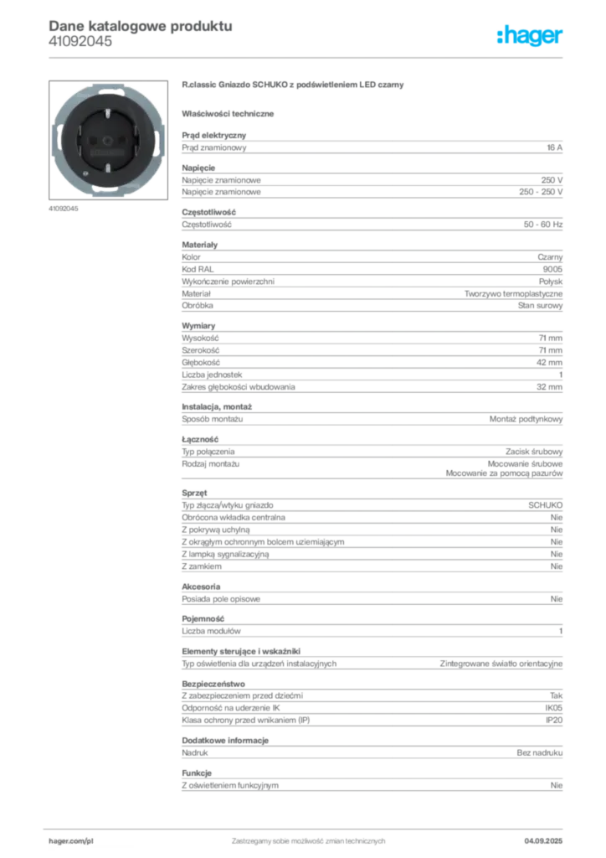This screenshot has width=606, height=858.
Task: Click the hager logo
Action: (x=529, y=36)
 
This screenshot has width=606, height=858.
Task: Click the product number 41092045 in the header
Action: (x=80, y=41)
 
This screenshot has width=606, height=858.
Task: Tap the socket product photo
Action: (x=108, y=140)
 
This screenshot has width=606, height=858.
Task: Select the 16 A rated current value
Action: (x=555, y=147)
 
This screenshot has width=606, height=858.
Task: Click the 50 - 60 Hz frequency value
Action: (x=543, y=225)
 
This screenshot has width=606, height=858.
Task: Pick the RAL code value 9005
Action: (x=552, y=269)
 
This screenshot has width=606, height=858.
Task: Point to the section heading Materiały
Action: (x=199, y=245)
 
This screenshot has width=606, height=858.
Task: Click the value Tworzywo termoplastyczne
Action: (x=514, y=294)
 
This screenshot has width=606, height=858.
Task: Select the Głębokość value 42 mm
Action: (x=549, y=362)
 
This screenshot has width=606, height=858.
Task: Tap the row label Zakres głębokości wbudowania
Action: (x=239, y=387)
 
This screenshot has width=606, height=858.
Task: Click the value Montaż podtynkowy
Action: (x=526, y=419)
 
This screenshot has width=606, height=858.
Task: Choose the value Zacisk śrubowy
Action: (x=534, y=452)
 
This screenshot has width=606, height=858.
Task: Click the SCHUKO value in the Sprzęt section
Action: (x=546, y=505)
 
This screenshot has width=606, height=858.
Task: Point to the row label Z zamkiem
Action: (x=202, y=566)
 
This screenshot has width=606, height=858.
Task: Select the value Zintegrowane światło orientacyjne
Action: (x=501, y=664)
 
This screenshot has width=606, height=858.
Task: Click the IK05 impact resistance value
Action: (x=553, y=708)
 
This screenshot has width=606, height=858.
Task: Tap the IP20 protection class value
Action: (x=554, y=720)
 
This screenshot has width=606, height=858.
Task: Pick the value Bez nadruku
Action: (x=540, y=753)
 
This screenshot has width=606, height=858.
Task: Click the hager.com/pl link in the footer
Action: (x=71, y=841)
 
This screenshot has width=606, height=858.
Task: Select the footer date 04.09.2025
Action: (x=543, y=841)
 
